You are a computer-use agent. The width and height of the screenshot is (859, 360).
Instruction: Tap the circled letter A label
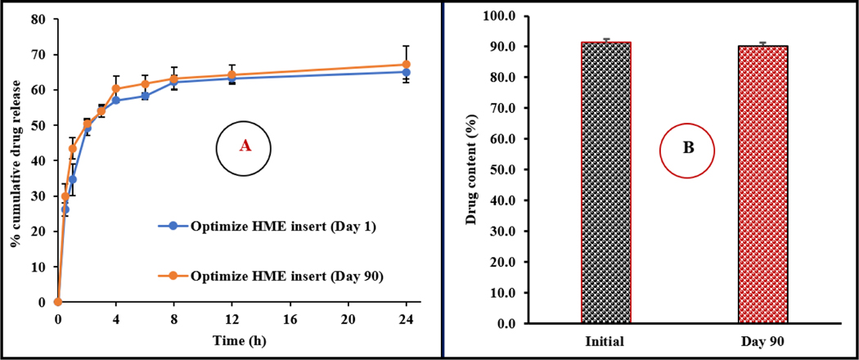point(244,146)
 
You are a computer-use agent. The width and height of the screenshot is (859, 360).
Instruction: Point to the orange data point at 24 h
point(406,65)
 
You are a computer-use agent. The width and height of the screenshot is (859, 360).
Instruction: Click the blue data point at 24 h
point(406,72)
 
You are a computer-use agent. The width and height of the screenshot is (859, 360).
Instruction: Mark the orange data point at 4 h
point(115,88)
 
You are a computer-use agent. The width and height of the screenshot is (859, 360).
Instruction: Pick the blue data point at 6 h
point(145,96)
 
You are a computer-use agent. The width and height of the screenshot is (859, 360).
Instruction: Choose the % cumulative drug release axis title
point(14,160)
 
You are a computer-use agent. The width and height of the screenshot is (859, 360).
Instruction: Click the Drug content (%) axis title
point(472,169)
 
